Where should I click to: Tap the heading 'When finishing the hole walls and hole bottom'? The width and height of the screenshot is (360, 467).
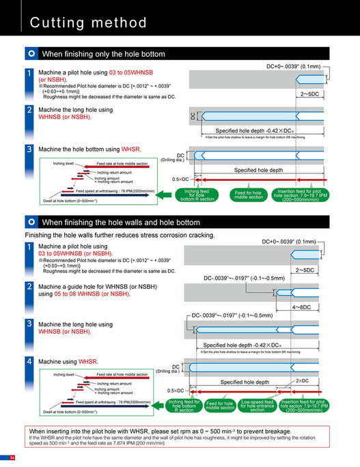(121, 223)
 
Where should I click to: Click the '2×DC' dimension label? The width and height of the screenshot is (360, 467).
(302, 380)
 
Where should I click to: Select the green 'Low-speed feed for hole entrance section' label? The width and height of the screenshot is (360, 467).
(257, 406)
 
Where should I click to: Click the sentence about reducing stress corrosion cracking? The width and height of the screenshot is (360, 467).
(120, 236)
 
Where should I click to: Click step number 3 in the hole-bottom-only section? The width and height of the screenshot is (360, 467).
(29, 148)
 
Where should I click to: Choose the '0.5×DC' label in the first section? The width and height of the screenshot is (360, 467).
(180, 180)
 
